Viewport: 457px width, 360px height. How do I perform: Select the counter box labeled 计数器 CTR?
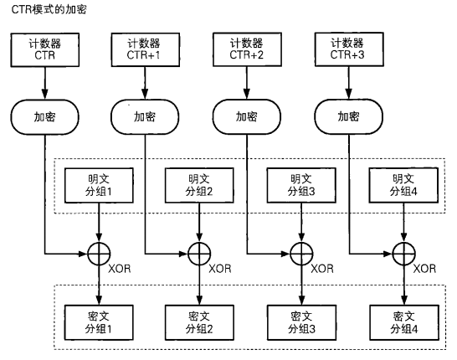click(x=44, y=49)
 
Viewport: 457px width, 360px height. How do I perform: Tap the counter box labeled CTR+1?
click(x=144, y=49)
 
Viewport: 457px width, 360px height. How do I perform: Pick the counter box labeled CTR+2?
click(x=246, y=49)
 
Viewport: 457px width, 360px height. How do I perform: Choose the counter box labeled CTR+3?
click(x=347, y=49)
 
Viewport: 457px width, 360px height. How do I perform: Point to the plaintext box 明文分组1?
click(x=99, y=185)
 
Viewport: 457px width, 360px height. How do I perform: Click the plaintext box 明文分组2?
click(x=199, y=185)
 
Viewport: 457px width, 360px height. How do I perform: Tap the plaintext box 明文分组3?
click(x=300, y=185)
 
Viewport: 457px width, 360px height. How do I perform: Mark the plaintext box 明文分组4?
click(x=403, y=185)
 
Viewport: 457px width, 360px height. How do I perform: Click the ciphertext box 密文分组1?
click(x=99, y=320)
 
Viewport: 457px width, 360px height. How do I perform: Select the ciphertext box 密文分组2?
click(x=199, y=320)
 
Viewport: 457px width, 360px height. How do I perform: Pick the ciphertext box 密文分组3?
click(x=300, y=320)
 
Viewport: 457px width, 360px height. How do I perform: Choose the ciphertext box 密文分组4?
click(x=403, y=320)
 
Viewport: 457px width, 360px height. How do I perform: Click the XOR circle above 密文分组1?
click(x=99, y=251)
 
